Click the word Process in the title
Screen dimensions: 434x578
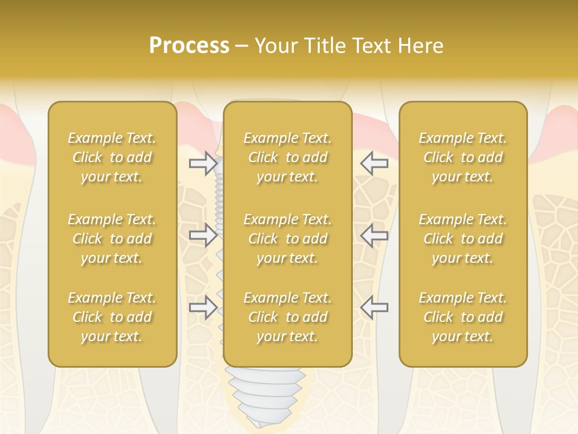pos(189,46)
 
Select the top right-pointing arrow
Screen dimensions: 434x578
pos(203,163)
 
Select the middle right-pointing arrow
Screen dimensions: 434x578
pos(203,235)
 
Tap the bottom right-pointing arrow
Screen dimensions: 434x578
pos(203,307)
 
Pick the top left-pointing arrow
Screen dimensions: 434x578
pos(374,163)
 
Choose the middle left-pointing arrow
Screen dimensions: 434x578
pos(374,235)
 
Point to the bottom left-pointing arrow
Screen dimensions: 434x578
pos(374,307)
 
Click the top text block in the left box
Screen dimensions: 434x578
pos(112,157)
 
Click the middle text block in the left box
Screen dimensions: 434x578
pos(112,239)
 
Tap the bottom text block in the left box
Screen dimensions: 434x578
pos(112,317)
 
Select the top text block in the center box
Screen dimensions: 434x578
pos(287,157)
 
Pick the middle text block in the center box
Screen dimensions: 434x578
pos(287,239)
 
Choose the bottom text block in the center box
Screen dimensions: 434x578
pos(287,317)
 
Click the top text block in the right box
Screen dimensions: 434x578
pos(463,157)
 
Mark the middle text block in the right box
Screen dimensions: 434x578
pos(463,239)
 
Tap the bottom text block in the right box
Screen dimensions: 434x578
pos(463,317)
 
